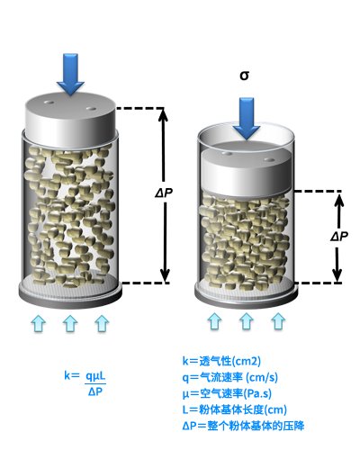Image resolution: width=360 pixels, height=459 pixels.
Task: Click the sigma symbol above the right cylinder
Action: (245, 76)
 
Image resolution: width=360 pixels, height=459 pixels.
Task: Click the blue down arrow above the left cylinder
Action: (70, 75)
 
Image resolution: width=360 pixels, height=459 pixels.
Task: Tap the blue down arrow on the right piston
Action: (247, 119)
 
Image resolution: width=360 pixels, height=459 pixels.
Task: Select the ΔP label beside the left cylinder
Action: (164, 193)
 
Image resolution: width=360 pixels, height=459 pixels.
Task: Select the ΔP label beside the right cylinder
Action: (339, 237)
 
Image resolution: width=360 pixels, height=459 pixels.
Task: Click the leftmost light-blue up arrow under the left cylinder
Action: (39, 323)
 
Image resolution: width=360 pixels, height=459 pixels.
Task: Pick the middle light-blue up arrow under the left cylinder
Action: (70, 323)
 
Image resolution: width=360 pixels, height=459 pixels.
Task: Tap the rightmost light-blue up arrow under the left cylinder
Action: (102, 323)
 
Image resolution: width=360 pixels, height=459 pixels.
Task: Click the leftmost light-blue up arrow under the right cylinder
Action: (215, 321)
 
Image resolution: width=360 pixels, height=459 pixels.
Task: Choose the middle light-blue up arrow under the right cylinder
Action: (247, 321)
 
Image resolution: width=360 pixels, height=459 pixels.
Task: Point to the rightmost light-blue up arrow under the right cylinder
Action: (278, 321)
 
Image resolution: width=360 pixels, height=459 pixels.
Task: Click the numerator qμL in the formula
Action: (95, 376)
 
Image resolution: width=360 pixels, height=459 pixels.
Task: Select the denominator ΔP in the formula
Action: (95, 391)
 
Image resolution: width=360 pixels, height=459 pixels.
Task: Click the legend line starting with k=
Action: (221, 361)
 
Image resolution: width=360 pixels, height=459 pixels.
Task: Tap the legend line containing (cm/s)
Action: (230, 377)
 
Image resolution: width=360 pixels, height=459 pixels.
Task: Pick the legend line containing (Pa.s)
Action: (227, 393)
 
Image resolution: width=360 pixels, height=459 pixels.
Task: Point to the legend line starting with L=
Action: (235, 409)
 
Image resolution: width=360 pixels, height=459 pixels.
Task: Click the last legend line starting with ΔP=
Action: (243, 426)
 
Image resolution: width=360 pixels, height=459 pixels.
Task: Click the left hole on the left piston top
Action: (49, 103)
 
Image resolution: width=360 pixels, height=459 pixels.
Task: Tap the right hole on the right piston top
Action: (269, 159)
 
